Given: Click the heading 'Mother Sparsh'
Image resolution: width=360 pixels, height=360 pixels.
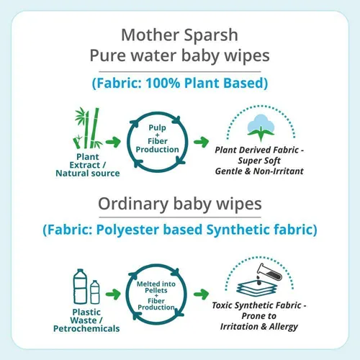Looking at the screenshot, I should [179, 35].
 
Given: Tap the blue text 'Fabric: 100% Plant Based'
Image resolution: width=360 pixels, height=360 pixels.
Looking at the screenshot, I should [179, 83].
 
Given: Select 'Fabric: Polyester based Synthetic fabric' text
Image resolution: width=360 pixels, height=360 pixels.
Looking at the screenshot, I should [179, 231].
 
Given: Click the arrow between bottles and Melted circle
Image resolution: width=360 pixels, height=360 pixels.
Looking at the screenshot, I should [113, 294].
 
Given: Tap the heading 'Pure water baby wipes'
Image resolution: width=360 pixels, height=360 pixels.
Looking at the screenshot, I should [179, 56].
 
